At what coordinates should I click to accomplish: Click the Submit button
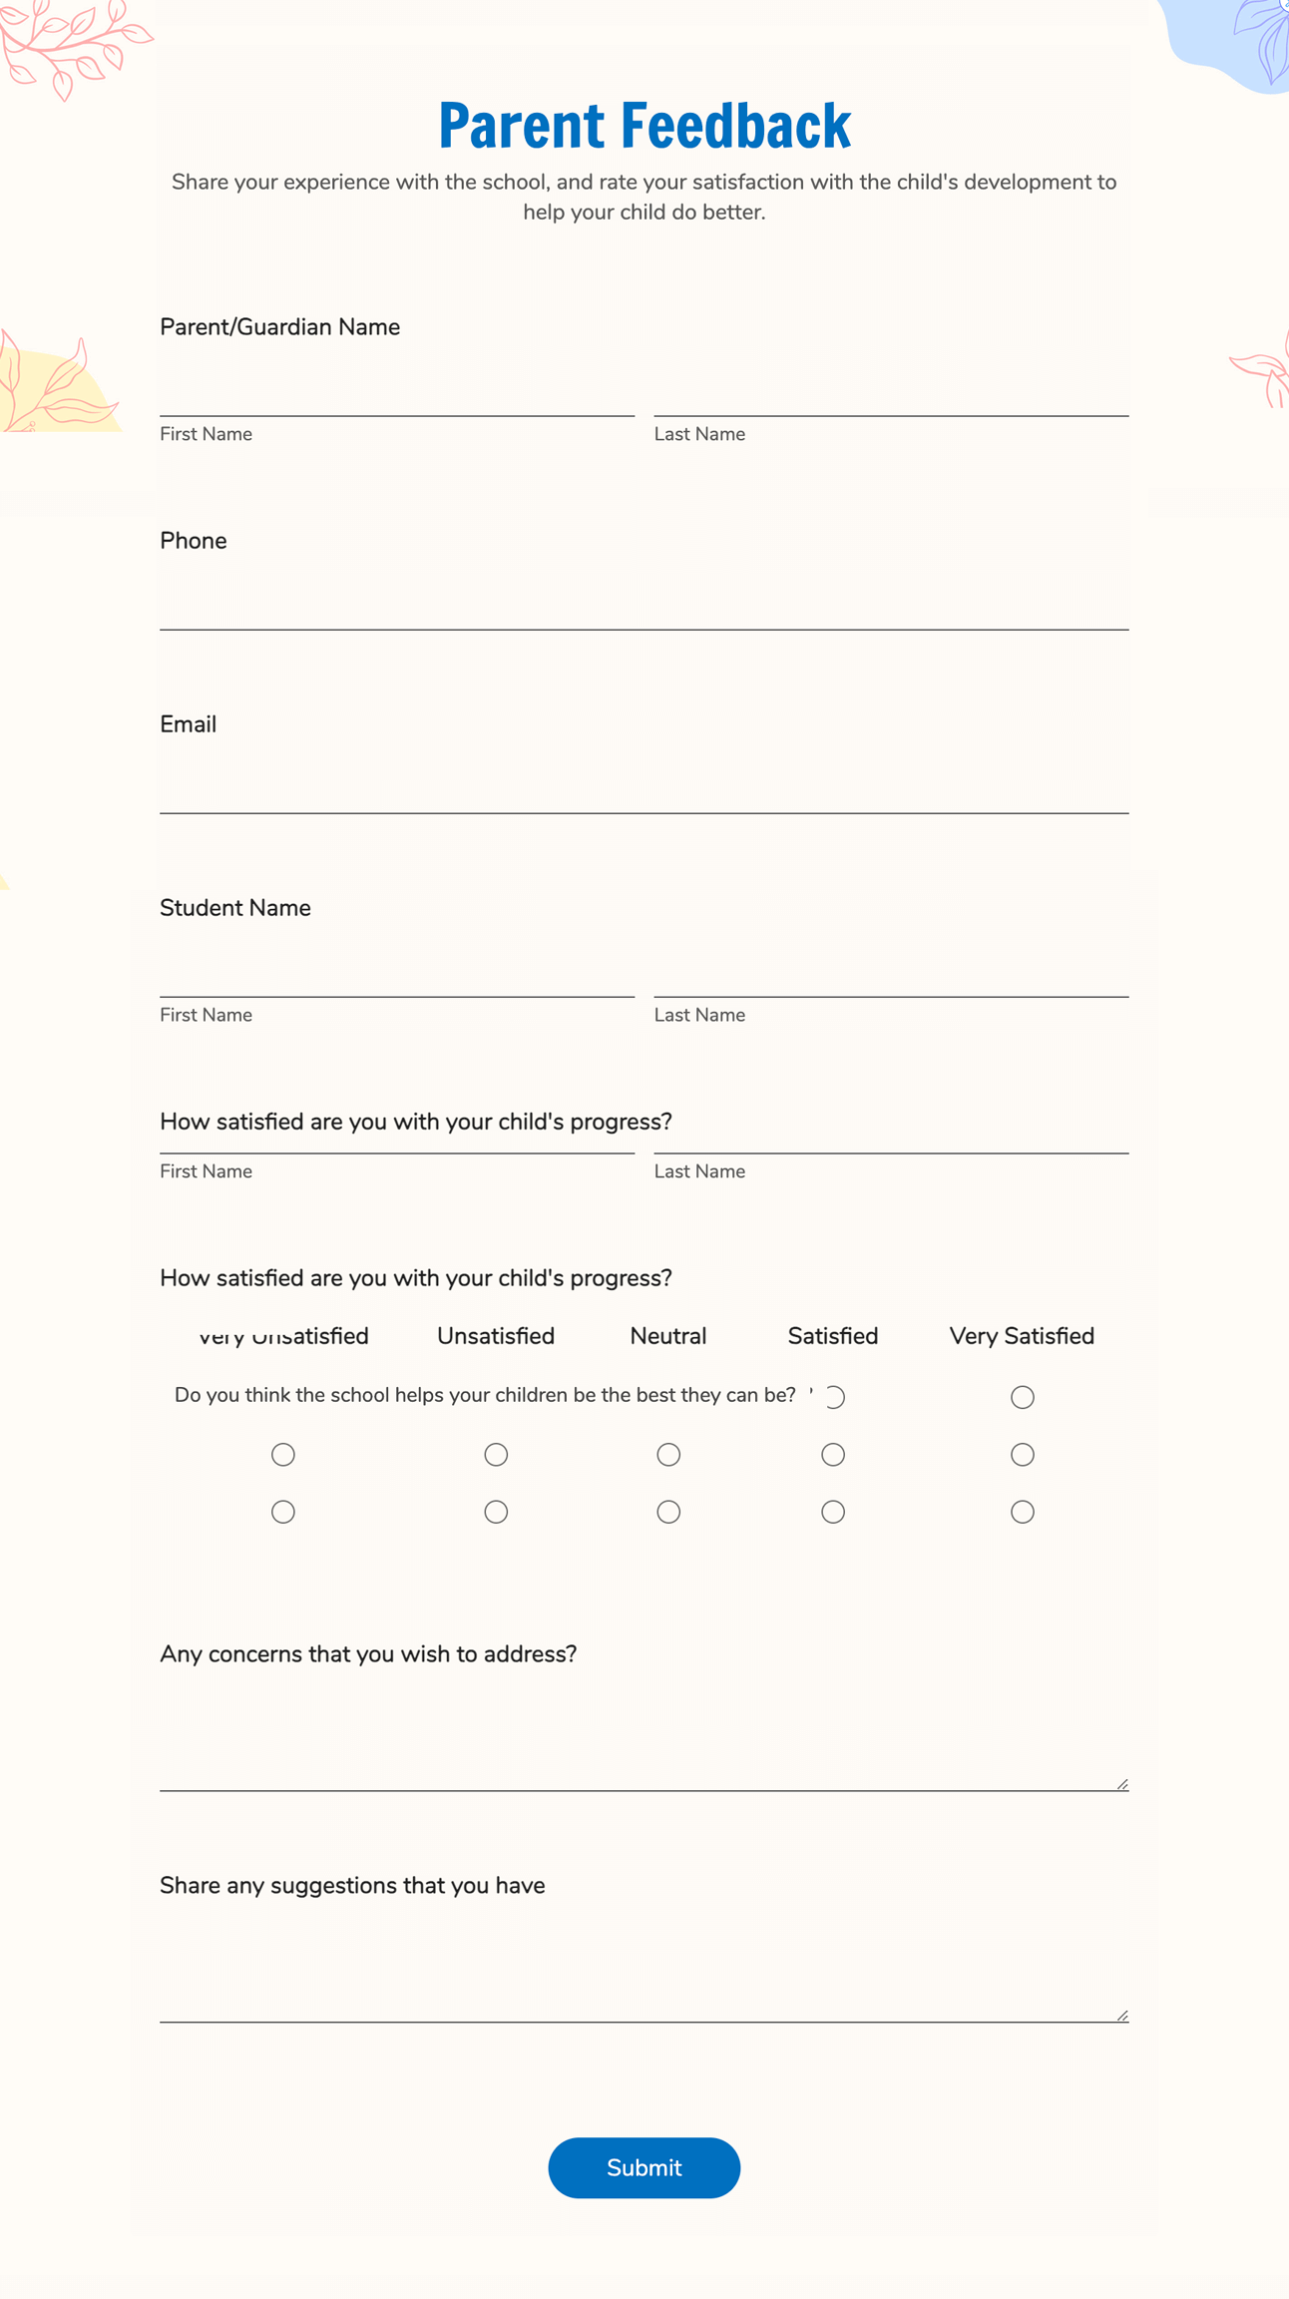click(644, 2167)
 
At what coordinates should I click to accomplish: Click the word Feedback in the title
click(735, 127)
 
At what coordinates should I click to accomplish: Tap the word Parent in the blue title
click(521, 127)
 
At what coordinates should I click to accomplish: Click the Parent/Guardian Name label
click(279, 327)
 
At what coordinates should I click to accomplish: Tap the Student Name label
click(235, 908)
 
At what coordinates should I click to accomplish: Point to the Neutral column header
click(667, 1336)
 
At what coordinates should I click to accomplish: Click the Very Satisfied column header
click(1022, 1336)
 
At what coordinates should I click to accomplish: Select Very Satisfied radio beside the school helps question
click(1022, 1397)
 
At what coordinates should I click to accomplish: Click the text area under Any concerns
click(644, 1736)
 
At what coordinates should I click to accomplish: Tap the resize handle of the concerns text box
click(1122, 1784)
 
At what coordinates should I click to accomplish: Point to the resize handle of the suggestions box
click(1122, 2016)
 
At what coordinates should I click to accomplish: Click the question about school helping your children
click(485, 1395)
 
